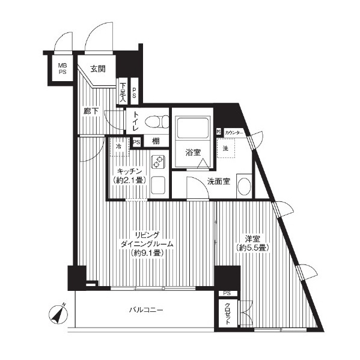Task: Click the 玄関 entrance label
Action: [98, 69]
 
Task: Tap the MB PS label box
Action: [63, 69]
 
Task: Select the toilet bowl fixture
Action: [157, 121]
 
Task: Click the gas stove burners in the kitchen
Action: [157, 162]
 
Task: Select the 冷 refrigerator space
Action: [119, 147]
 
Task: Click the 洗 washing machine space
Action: [226, 148]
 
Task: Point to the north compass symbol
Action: [58, 314]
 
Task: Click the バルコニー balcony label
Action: [146, 310]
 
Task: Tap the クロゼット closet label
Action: [227, 314]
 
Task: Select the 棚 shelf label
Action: [156, 141]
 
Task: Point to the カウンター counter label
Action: [234, 132]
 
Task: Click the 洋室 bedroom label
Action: [252, 239]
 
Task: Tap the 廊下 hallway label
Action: [91, 112]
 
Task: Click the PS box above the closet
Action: [227, 293]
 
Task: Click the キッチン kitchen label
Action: [129, 171]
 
